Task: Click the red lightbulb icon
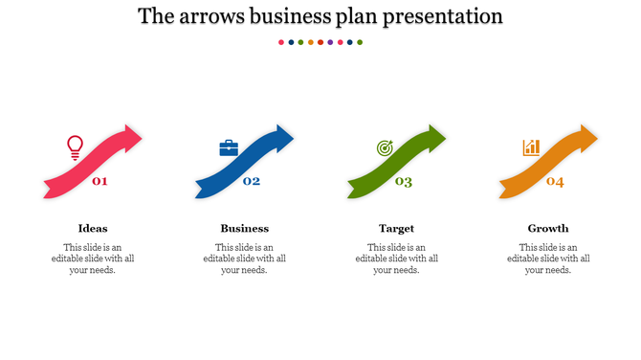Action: coord(75,146)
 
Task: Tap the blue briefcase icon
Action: coord(229,147)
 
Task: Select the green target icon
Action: coord(385,148)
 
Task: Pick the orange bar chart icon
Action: coord(531,147)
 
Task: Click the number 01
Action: coord(99,181)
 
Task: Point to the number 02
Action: coord(252,181)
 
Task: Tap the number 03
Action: coord(404,182)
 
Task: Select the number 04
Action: coord(555,182)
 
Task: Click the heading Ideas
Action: coord(93,228)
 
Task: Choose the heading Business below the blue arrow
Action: coord(245,228)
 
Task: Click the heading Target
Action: coord(396,228)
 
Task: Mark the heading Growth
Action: coord(548,228)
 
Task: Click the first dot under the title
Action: coord(280,42)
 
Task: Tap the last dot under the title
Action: coord(360,42)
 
